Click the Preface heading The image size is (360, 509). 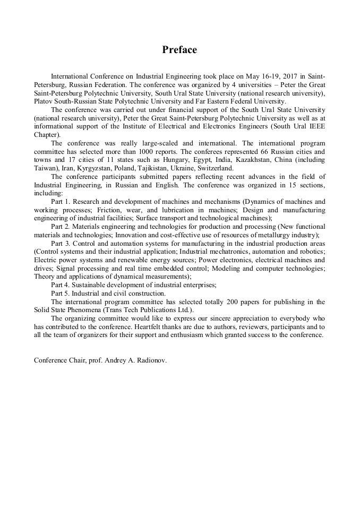179,50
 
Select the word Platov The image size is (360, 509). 44,101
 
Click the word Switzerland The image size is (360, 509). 217,168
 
